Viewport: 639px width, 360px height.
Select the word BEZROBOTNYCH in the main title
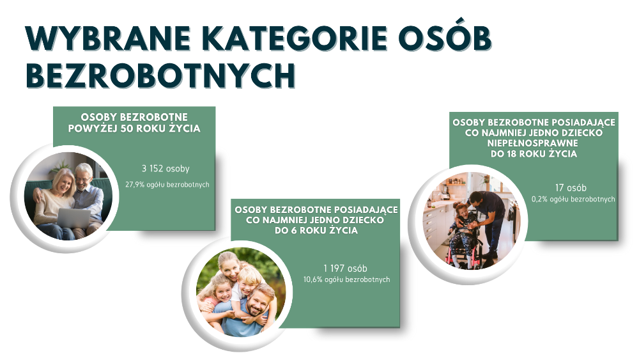coord(161,75)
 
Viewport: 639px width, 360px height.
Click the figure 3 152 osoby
coord(166,168)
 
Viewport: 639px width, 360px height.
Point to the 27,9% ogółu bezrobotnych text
coord(167,185)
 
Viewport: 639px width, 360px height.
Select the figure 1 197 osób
coord(345,269)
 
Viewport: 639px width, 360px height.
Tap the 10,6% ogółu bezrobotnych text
coord(346,279)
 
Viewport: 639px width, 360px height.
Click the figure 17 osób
coord(571,188)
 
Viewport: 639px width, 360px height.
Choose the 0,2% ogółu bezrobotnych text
coord(573,200)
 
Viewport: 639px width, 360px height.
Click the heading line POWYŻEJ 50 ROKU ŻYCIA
coord(134,129)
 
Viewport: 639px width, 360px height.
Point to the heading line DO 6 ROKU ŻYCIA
coord(316,230)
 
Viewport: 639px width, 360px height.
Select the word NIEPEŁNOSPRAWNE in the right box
coord(533,143)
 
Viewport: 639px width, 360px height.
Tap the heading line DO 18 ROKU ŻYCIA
coord(534,153)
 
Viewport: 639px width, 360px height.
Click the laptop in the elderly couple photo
coord(73,218)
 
